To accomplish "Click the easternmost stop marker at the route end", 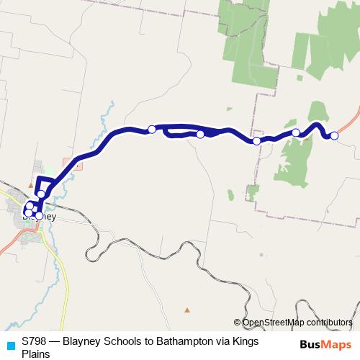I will tap(334, 135).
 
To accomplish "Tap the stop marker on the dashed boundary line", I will tap(257, 140).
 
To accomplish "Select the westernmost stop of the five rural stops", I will tap(152, 130).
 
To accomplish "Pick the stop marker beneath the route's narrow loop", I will tap(200, 134).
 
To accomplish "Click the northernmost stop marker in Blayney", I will tap(41, 194).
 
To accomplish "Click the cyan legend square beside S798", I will tap(10, 344).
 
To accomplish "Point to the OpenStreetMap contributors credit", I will tap(297, 323).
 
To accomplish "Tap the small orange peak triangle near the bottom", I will tap(187, 310).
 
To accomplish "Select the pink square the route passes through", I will tap(78, 165).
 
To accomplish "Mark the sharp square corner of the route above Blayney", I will tap(39, 177).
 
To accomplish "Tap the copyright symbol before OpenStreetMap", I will tap(237, 323).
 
